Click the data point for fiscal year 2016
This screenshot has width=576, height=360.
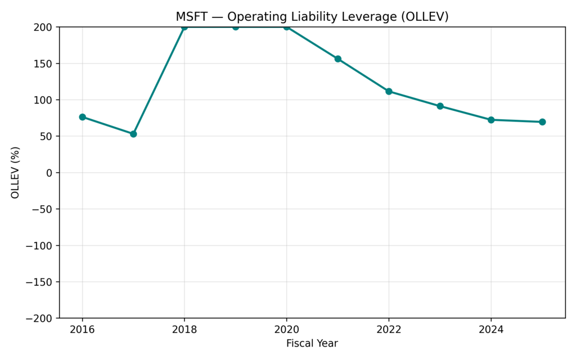(x=82, y=117)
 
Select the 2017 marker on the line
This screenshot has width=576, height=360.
(x=133, y=134)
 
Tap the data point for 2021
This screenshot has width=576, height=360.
(x=338, y=58)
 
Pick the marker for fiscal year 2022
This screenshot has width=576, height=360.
(x=389, y=91)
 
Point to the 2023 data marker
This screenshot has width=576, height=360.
(x=440, y=106)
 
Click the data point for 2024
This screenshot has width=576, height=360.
(x=491, y=120)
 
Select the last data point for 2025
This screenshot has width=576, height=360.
(x=542, y=122)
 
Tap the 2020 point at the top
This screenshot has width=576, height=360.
(x=287, y=27)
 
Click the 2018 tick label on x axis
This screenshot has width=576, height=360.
(x=184, y=329)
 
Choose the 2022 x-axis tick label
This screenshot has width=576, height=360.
(x=389, y=329)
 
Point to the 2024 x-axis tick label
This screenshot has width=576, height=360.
(x=491, y=329)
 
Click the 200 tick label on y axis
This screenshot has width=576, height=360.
(x=44, y=27)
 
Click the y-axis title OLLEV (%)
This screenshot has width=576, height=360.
(x=16, y=172)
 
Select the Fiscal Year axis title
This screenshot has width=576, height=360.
(x=312, y=343)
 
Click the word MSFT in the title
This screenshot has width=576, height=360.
(x=191, y=17)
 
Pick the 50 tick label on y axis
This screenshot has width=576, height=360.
(x=47, y=136)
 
